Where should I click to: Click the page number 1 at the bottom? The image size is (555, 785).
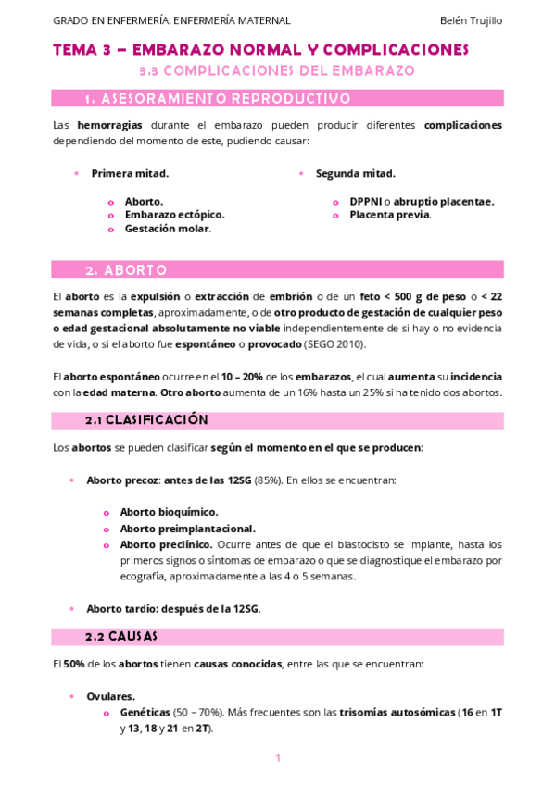(x=278, y=758)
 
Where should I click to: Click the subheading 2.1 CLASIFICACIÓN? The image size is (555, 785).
(x=146, y=420)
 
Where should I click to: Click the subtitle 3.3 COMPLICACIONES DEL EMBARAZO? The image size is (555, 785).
(x=276, y=70)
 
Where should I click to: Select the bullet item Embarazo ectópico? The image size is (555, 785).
(x=174, y=215)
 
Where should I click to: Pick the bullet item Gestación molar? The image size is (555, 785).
(x=167, y=229)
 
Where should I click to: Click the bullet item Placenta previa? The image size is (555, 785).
(x=389, y=215)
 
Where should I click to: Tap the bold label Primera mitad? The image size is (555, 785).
(x=130, y=173)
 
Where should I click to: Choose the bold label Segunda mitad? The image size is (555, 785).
(x=355, y=173)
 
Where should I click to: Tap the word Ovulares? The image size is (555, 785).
(x=110, y=696)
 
